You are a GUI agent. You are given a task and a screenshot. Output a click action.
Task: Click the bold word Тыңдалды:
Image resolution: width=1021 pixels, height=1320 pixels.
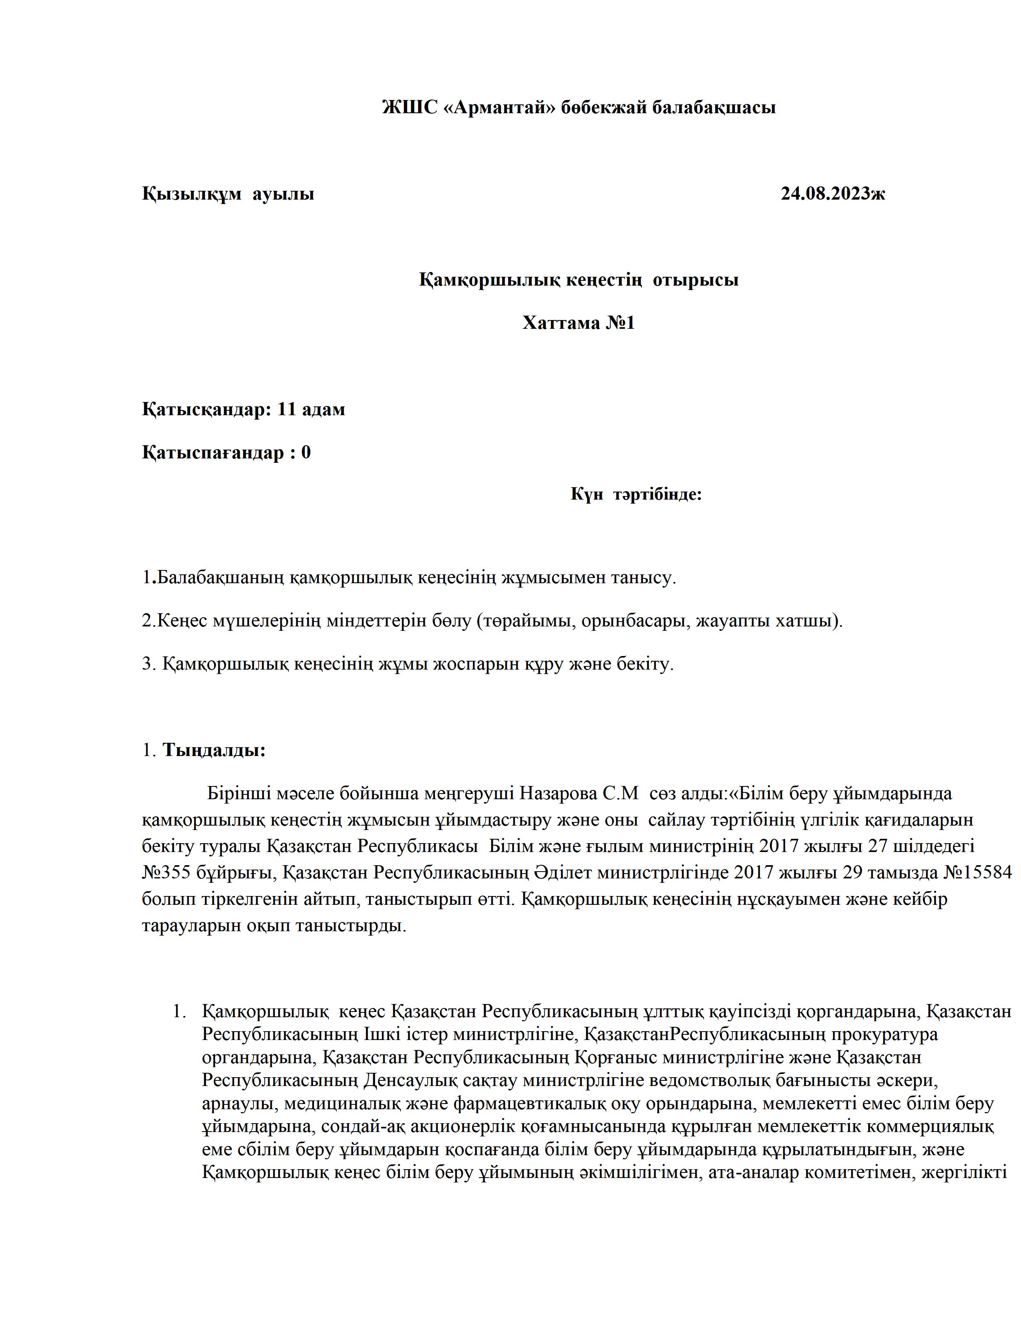tap(214, 751)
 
